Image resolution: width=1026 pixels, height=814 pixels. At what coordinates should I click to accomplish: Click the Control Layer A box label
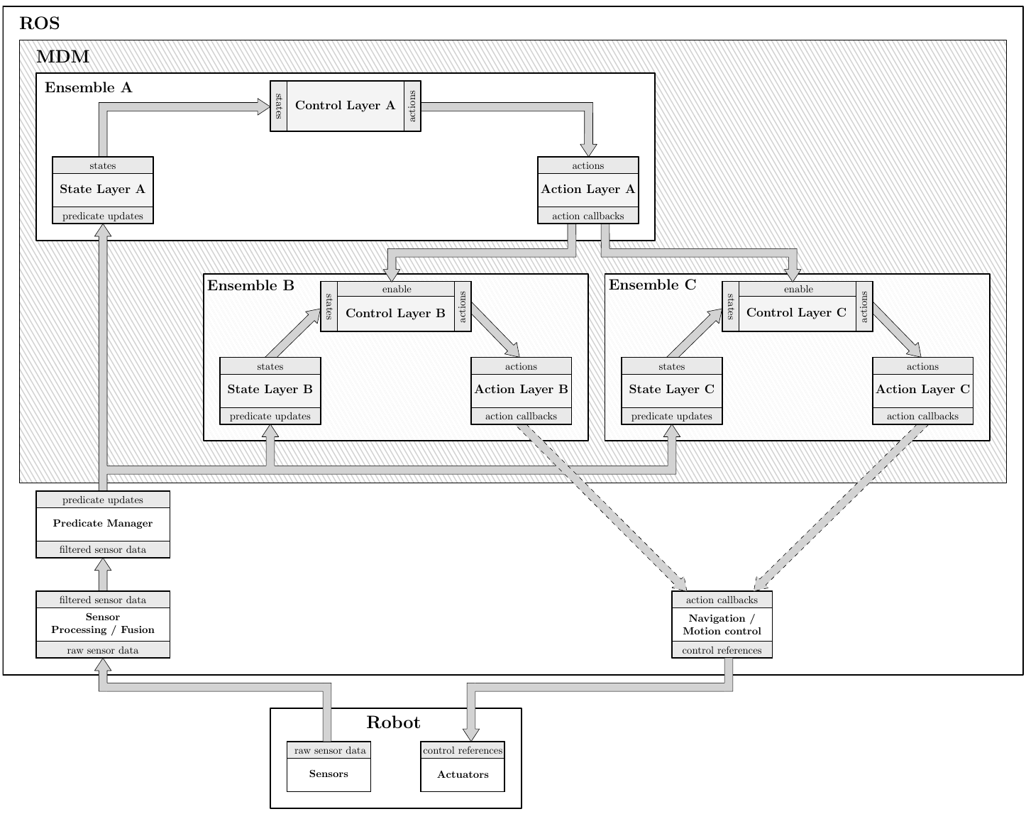coord(345,106)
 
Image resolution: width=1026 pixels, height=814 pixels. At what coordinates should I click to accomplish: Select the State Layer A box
coord(103,189)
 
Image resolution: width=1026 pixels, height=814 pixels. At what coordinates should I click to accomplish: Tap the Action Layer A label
coord(588,189)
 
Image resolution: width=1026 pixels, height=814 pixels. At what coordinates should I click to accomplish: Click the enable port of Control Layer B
coord(396,290)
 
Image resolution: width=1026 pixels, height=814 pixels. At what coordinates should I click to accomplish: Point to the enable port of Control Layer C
coord(798,290)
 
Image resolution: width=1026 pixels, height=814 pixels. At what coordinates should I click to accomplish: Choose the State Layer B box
coord(270,390)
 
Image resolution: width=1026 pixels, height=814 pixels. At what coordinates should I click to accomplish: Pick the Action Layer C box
coord(922,390)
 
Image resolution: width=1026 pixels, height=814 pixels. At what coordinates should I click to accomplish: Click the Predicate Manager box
coord(103,524)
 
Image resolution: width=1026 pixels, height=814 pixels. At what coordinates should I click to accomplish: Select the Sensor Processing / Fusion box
coord(103,624)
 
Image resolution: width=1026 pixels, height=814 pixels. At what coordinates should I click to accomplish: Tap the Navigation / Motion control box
coord(722,625)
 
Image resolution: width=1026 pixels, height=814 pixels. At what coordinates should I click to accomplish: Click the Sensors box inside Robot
coord(329,774)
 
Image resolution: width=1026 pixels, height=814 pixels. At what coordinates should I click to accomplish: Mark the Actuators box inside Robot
coord(463,775)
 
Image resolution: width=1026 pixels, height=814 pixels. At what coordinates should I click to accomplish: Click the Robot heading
coord(393,723)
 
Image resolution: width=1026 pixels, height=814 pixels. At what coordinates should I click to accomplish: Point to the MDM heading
coord(62,57)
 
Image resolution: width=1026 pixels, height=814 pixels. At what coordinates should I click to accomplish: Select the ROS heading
coord(40,23)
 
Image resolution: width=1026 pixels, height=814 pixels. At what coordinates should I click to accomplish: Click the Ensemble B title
coord(250,286)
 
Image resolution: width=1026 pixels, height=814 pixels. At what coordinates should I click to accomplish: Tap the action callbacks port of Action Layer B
coord(521,417)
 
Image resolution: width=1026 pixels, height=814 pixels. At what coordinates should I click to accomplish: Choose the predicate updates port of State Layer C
coord(671,417)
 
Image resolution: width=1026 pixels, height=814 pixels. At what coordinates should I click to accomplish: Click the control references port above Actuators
coord(463,751)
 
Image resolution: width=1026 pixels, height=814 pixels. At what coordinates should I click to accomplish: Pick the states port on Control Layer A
coord(279,106)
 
